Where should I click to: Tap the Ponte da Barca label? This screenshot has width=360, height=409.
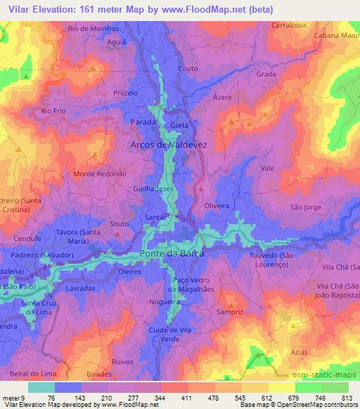pos(172,255)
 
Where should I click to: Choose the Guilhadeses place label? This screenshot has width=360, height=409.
pos(157,189)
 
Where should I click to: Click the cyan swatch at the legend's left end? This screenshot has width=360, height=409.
pos(41,387)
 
